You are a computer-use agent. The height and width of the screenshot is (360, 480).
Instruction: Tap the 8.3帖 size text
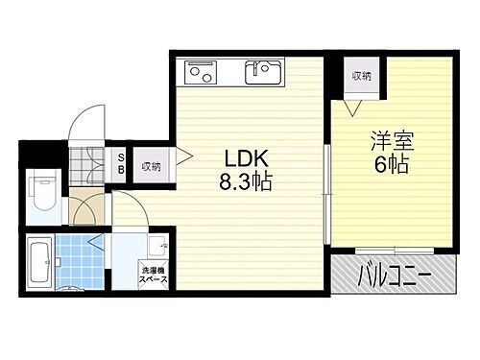[248, 181]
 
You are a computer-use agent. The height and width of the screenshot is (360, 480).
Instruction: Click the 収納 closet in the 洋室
[361, 74]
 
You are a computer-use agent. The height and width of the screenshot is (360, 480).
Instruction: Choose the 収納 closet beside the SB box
[151, 164]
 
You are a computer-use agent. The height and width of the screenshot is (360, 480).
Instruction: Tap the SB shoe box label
[121, 164]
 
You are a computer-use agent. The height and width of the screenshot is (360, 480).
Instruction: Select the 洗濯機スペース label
[153, 274]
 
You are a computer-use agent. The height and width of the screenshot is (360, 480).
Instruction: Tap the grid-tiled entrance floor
[94, 162]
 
